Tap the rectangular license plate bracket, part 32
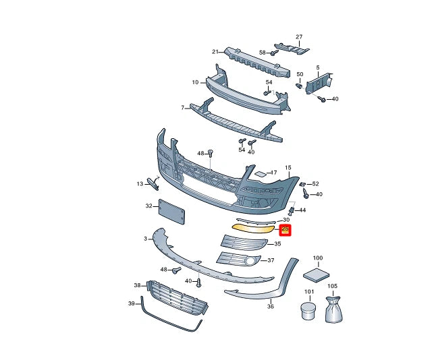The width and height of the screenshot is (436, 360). (x=172, y=212)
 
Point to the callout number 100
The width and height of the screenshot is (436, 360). (x=317, y=258)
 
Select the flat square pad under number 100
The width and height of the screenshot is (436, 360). (x=317, y=274)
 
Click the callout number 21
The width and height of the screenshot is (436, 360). (x=215, y=51)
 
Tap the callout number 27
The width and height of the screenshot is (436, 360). (x=299, y=36)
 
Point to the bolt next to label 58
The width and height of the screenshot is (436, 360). (x=275, y=52)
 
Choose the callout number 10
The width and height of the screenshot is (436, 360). (x=195, y=82)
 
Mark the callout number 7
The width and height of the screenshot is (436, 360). (x=182, y=108)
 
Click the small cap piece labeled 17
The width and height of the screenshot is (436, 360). (x=260, y=174)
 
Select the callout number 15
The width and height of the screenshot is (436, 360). (x=287, y=167)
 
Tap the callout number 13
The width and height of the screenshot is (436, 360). (x=140, y=183)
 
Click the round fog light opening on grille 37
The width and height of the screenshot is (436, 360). (x=250, y=262)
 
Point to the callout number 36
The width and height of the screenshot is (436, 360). (x=270, y=306)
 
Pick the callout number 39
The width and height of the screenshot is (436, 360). (x=132, y=304)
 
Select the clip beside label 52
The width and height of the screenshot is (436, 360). (x=303, y=184)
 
